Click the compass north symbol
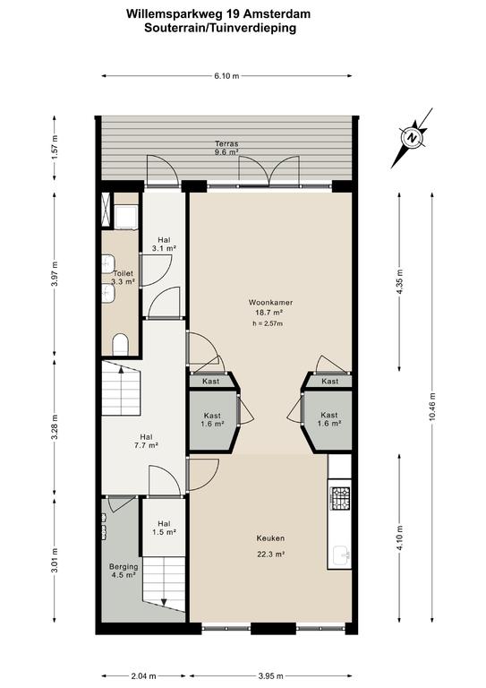[412, 137]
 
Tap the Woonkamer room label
[270, 302]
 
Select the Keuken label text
[270, 538]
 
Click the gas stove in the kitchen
[340, 498]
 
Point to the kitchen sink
[341, 556]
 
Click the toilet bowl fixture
[120, 344]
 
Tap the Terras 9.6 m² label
[226, 148]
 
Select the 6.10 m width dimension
[226, 76]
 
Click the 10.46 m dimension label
[432, 407]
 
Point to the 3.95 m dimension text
[270, 675]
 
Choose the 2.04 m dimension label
[143, 675]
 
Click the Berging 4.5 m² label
[124, 571]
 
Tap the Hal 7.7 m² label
[147, 441]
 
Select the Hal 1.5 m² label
[164, 528]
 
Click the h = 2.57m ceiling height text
[268, 323]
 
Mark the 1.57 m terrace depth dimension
[55, 147]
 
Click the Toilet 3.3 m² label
[123, 278]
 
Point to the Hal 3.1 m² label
[164, 244]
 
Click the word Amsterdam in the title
[277, 14]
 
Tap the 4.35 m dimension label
[399, 281]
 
